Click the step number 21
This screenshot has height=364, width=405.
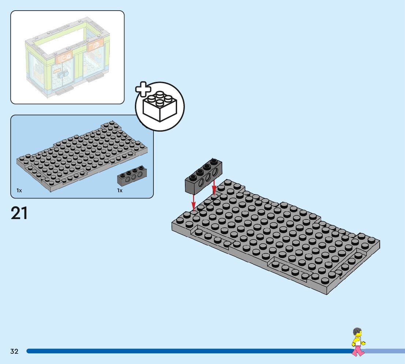pyautogui.click(x=19, y=213)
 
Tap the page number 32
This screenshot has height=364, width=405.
pyautogui.click(x=14, y=352)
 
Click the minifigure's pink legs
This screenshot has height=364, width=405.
pyautogui.click(x=358, y=350)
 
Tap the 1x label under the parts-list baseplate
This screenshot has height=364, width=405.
pyautogui.click(x=19, y=190)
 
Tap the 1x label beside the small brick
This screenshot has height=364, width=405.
pyautogui.click(x=120, y=190)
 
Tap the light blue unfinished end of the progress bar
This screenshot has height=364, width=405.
pyautogui.click(x=384, y=351)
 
